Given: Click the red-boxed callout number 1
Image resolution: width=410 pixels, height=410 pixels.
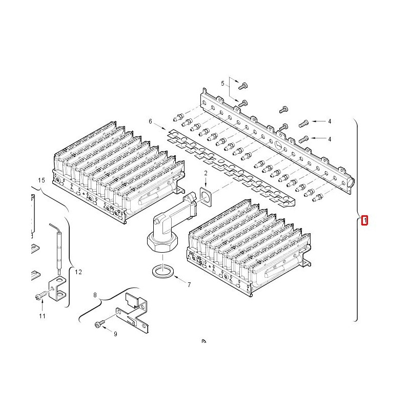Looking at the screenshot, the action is pos(364,220).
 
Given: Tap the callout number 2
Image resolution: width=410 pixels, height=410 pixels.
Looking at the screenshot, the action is pos(206,173).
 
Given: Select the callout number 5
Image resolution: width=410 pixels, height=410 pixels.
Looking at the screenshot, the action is pos(222,84).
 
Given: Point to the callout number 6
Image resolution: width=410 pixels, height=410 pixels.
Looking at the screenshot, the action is pos(150,121).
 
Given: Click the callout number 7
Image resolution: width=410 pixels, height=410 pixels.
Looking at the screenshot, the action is pos(189,285).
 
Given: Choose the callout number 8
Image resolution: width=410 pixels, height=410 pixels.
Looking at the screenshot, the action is pos(95,295).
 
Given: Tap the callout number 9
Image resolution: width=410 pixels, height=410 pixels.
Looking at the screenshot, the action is pos(115,334).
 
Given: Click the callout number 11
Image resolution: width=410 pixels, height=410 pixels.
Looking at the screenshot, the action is pos(42,316).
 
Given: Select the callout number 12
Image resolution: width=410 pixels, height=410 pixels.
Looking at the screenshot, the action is pos(78,272).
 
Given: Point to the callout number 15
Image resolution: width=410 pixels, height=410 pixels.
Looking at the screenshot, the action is pos(42,180).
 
